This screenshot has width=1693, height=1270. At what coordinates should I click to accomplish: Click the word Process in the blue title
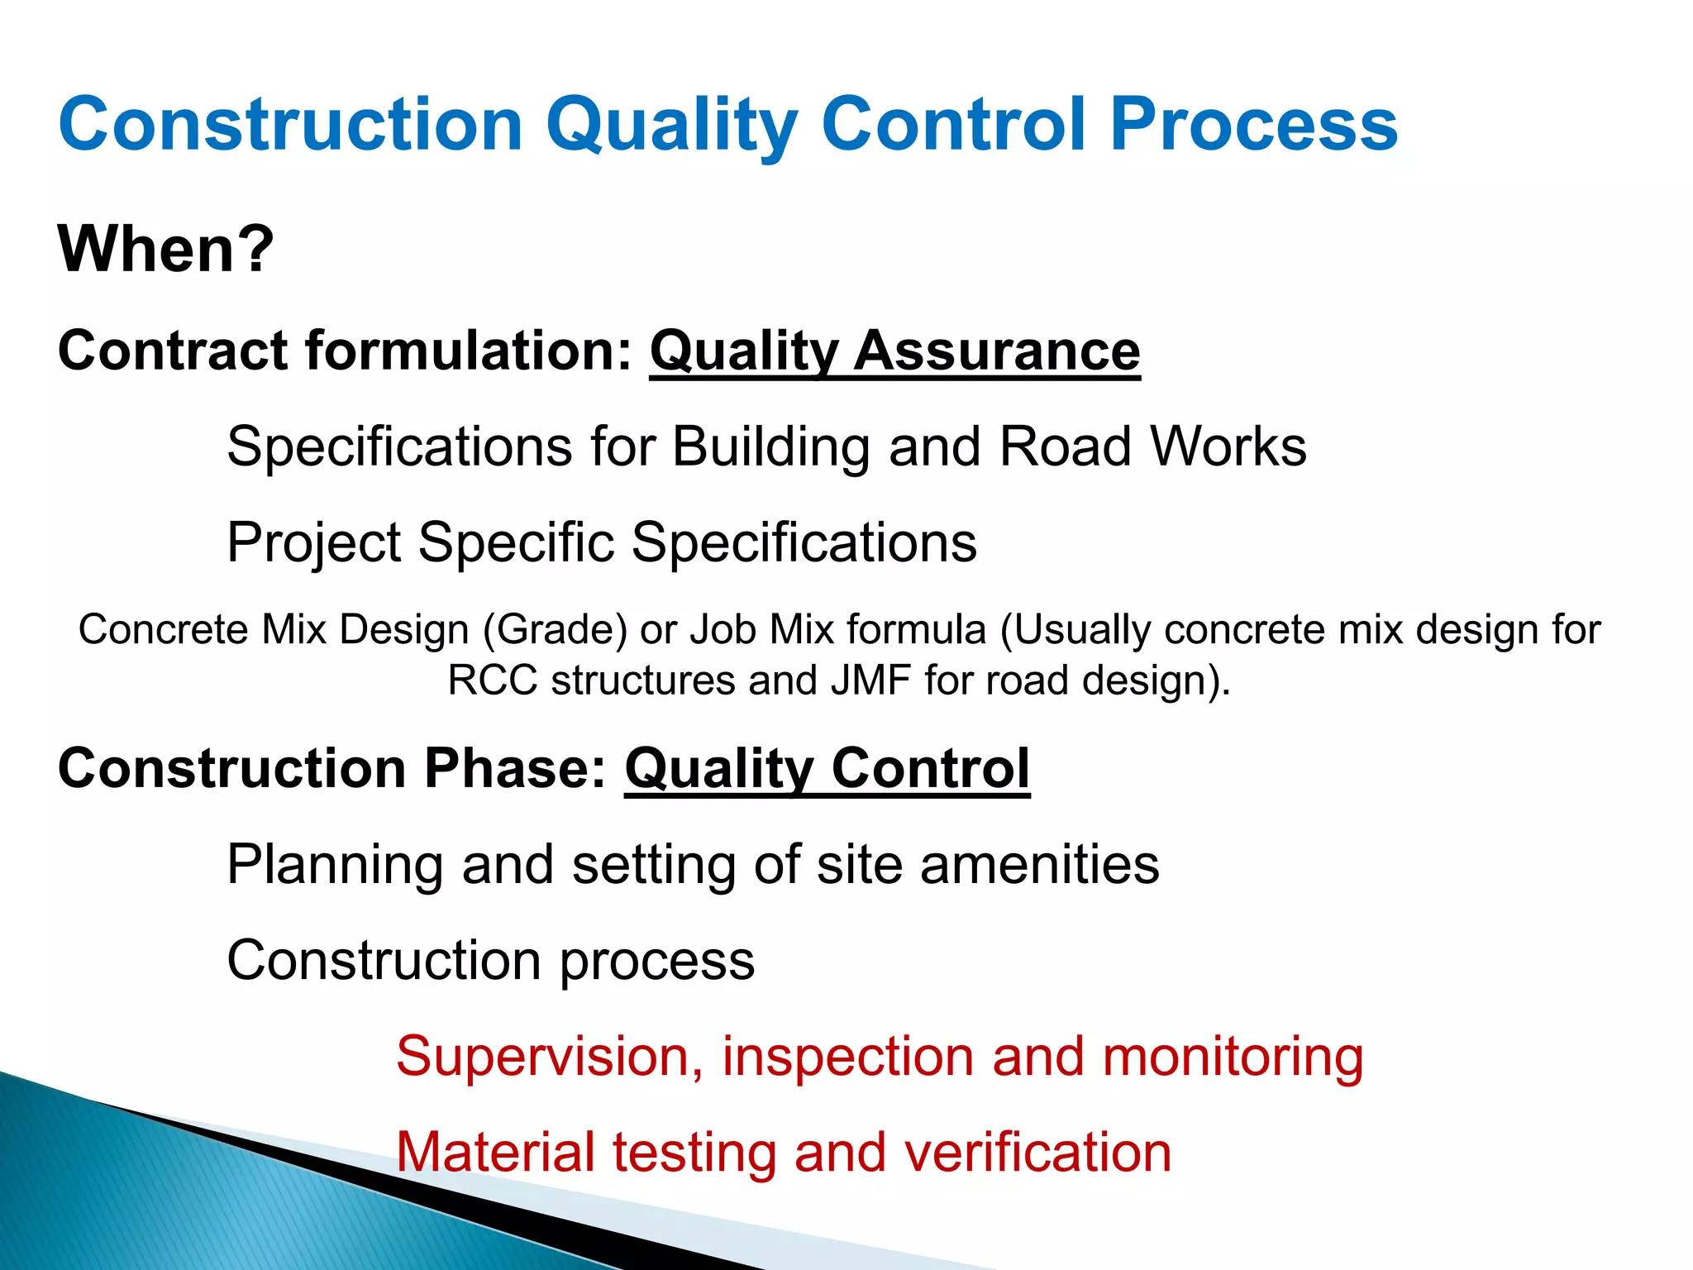[x=1253, y=124]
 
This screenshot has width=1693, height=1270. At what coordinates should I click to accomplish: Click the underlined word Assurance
[x=997, y=351]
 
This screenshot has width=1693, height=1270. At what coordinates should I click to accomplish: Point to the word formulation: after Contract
[x=469, y=351]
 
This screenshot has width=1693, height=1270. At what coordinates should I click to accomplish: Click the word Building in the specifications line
[x=770, y=447]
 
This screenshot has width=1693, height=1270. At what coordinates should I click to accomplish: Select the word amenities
[x=1039, y=865]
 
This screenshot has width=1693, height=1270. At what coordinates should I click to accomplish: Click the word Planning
[x=335, y=866]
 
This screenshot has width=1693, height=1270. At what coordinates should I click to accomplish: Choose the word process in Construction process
[x=657, y=962]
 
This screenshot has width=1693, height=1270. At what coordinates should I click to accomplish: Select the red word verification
[x=1037, y=1152]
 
